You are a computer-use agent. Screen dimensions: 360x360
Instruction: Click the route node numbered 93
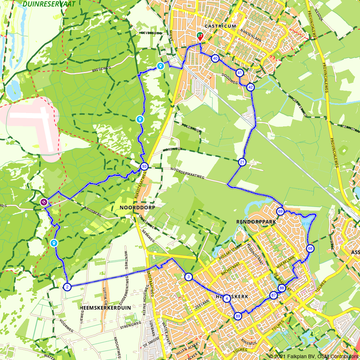tap(144, 166)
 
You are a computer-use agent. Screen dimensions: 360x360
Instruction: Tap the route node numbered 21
tap(242, 162)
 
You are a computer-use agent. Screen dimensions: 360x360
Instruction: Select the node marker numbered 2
tap(67, 287)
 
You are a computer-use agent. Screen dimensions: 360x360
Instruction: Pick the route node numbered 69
tap(280, 211)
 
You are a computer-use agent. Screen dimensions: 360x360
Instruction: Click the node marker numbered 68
tap(310, 248)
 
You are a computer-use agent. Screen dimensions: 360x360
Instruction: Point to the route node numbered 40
tap(215, 58)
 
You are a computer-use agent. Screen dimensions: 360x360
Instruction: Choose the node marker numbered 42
tap(251, 87)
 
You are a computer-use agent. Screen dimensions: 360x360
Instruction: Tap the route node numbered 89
tap(238, 316)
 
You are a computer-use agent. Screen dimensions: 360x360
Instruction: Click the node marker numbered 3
tap(188, 277)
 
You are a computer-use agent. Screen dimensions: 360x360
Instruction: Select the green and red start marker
tap(199, 36)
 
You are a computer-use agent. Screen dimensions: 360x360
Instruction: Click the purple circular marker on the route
tap(44, 202)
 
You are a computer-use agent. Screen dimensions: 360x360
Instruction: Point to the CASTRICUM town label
tap(220, 26)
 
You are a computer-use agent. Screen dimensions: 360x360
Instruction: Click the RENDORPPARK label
tap(256, 222)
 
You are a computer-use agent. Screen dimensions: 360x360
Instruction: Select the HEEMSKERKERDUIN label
tap(105, 308)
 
